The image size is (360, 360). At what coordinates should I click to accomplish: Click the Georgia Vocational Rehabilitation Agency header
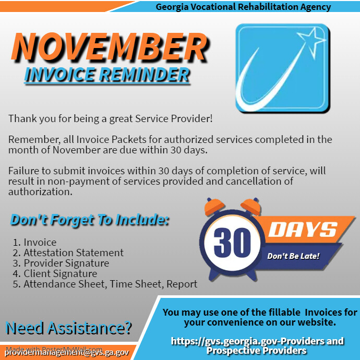[243, 7]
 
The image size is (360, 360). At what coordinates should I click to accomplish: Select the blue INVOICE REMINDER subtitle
[107, 75]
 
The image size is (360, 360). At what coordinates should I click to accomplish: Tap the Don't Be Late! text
[293, 256]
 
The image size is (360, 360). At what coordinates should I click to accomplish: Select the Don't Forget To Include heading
[90, 220]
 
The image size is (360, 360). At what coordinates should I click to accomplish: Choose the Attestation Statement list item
[68, 253]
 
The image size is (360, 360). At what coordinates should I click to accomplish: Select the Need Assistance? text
[68, 328]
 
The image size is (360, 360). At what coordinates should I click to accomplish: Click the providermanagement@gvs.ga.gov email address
[67, 352]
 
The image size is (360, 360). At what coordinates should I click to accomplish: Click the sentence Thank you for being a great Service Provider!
[111, 118]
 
